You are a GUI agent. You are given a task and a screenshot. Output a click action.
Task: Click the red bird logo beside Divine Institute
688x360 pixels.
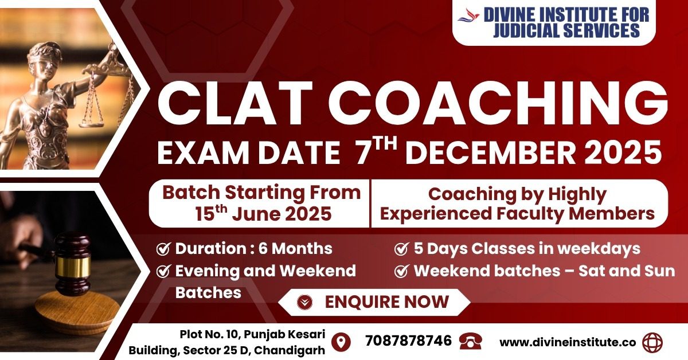pyautogui.click(x=469, y=15)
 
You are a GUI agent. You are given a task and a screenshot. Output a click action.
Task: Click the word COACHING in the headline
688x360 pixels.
pyautogui.click(x=498, y=103)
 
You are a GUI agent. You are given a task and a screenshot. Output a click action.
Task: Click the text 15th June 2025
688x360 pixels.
pyautogui.click(x=263, y=214)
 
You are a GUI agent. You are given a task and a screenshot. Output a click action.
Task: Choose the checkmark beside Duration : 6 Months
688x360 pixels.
pyautogui.click(x=163, y=249)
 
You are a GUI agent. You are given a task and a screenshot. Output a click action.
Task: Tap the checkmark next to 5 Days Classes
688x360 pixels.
pyautogui.click(x=401, y=249)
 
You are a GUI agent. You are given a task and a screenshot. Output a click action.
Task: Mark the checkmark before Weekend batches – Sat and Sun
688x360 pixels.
pyautogui.click(x=401, y=271)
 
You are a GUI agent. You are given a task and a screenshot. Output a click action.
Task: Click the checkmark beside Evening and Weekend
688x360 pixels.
pyautogui.click(x=163, y=271)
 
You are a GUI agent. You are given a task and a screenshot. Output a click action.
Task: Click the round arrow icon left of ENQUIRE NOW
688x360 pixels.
pyautogui.click(x=304, y=302)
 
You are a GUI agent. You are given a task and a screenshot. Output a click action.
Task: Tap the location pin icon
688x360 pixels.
pyautogui.click(x=341, y=342)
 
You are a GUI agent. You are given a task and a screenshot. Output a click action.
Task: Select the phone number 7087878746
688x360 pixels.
pyautogui.click(x=408, y=341)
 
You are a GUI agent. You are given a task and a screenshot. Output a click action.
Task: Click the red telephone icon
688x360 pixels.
pyautogui.click(x=470, y=342)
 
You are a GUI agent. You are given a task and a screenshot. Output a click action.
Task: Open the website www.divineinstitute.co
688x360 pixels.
pyautogui.click(x=568, y=342)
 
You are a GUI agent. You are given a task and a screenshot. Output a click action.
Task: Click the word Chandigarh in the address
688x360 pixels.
pyautogui.click(x=290, y=350)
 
